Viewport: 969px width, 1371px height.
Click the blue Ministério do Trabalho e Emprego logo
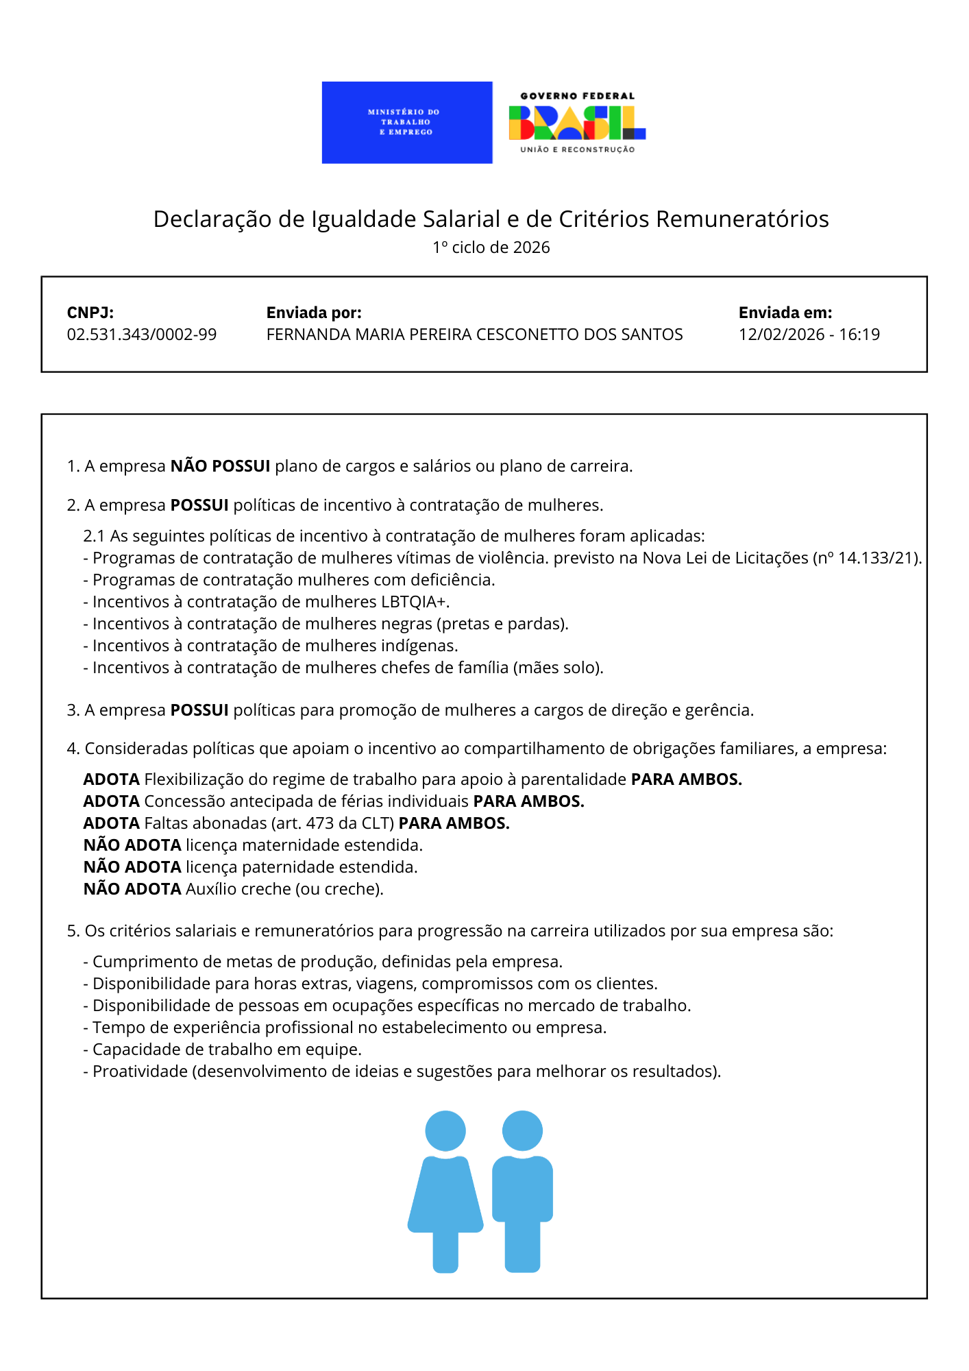[407, 123]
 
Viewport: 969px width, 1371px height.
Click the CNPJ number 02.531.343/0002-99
[142, 335]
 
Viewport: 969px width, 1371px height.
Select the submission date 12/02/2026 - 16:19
[809, 335]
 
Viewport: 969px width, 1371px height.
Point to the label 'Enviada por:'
[314, 313]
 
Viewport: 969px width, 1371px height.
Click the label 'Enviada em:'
[785, 313]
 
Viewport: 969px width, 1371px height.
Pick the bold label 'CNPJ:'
[90, 313]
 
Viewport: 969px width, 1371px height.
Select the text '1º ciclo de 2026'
[491, 247]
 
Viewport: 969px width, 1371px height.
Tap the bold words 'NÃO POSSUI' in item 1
[220, 466]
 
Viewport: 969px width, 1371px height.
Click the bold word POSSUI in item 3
[199, 710]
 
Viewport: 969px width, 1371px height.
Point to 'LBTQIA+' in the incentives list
[414, 602]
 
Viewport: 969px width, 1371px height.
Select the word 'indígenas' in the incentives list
[421, 646]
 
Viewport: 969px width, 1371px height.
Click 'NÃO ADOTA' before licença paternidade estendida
[132, 867]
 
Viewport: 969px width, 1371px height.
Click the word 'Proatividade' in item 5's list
[140, 1071]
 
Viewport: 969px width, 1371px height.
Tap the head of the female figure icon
[445, 1130]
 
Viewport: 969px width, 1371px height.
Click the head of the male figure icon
[522, 1130]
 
